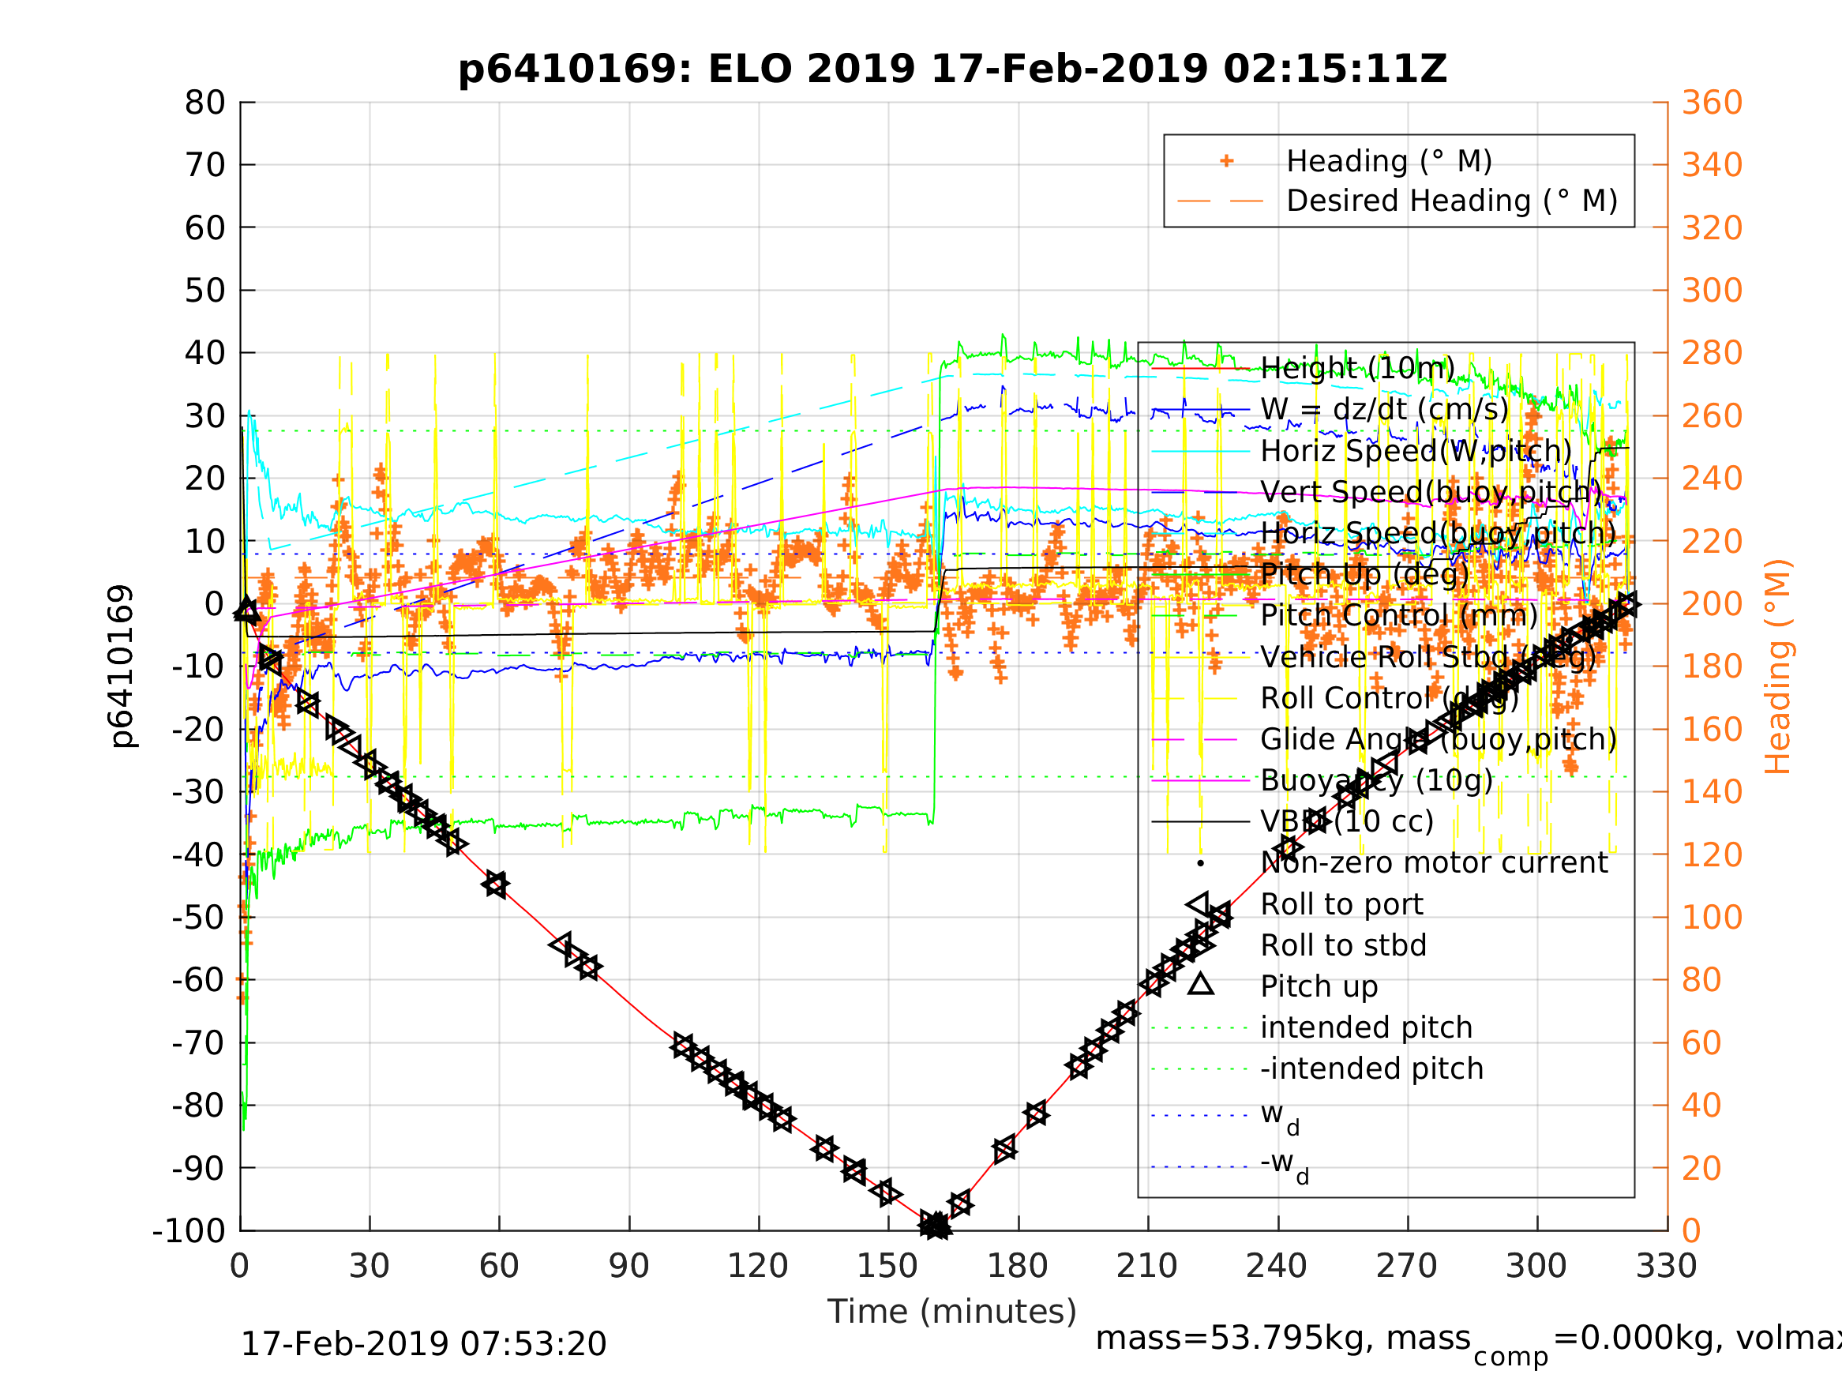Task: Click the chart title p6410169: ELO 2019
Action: [x=952, y=69]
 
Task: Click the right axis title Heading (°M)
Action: [x=1777, y=667]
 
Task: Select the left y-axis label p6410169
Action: [x=122, y=667]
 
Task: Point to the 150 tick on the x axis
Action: [x=887, y=1266]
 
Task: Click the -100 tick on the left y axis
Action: [x=189, y=1230]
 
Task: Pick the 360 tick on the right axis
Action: [x=1712, y=103]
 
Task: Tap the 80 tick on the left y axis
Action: [x=204, y=103]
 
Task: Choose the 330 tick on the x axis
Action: [x=1666, y=1266]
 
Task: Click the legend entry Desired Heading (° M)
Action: [x=1451, y=201]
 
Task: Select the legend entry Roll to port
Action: [x=1341, y=904]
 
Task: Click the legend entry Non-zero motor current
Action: [x=1434, y=863]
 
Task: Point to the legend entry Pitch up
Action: [x=1319, y=986]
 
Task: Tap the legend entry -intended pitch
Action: [x=1371, y=1068]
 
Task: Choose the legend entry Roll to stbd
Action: [x=1343, y=945]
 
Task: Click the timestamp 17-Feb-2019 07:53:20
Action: [x=423, y=1343]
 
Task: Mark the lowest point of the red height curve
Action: [x=935, y=1227]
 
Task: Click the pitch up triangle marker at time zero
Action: [x=246, y=610]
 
